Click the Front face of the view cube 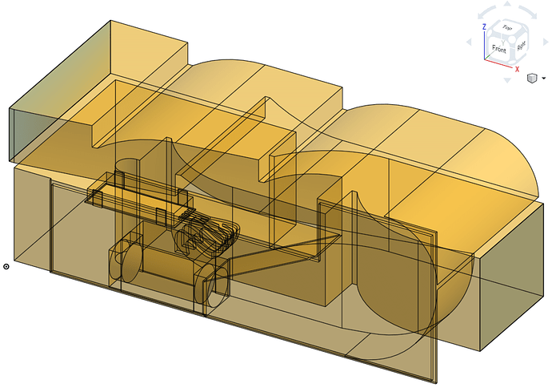click(x=499, y=49)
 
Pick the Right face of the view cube click(x=521, y=46)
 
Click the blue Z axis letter click(x=484, y=26)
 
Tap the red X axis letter click(x=518, y=70)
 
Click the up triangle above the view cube click(x=506, y=7)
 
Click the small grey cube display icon click(x=531, y=79)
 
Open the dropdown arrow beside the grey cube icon click(x=543, y=79)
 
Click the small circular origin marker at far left click(x=6, y=266)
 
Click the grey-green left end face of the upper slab click(x=26, y=134)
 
